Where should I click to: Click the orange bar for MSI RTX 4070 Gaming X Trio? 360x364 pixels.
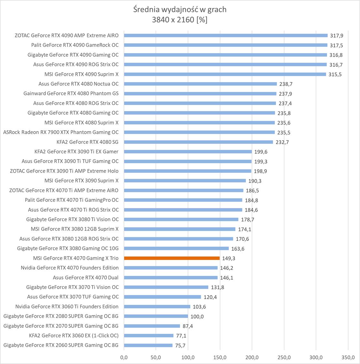pyautogui.click(x=172, y=258)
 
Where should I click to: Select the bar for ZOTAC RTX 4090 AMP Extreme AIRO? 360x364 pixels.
pyautogui.click(x=225, y=36)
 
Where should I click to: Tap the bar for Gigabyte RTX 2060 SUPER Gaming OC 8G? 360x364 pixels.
pyautogui.click(x=148, y=345)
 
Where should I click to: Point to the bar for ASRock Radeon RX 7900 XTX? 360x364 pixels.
pyautogui.click(x=199, y=132)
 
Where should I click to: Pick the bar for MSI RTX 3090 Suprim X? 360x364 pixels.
pyautogui.click(x=185, y=181)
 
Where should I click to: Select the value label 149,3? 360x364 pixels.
pyautogui.click(x=229, y=258)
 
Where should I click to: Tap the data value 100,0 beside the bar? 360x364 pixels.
pyautogui.click(x=197, y=317)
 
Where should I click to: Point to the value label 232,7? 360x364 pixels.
pyautogui.click(x=282, y=142)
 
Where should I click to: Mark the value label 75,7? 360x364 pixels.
pyautogui.click(x=180, y=345)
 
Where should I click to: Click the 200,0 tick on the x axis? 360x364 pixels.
pyautogui.click(x=252, y=357)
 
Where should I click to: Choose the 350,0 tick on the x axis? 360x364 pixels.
pyautogui.click(x=348, y=357)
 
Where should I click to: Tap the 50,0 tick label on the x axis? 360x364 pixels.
pyautogui.click(x=156, y=357)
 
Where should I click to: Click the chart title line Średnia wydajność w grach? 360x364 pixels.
pyautogui.click(x=180, y=10)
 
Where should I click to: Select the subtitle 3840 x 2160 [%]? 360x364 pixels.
pyautogui.click(x=180, y=20)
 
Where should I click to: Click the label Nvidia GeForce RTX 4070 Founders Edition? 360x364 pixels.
pyautogui.click(x=70, y=268)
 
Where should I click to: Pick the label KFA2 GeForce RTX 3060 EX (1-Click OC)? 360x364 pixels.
pyautogui.click(x=74, y=336)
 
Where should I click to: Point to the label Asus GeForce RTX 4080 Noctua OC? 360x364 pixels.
pyautogui.click(x=78, y=84)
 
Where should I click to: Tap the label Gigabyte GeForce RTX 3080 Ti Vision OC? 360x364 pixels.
pyautogui.click(x=72, y=219)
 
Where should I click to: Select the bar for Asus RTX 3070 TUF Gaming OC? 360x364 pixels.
pyautogui.click(x=162, y=297)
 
